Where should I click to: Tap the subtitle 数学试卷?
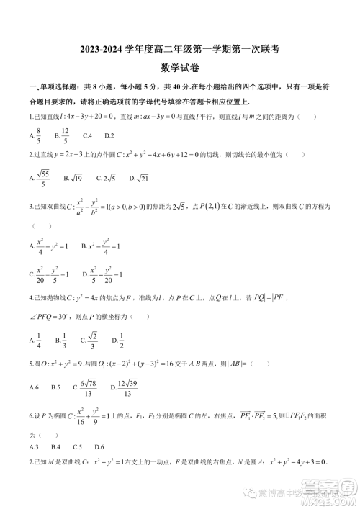pos(179,69)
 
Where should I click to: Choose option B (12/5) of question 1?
pos(64,135)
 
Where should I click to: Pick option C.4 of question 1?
pos(88,135)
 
